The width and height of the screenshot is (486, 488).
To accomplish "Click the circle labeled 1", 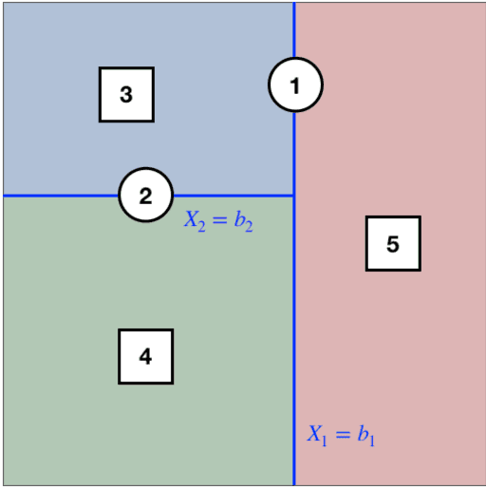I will (x=295, y=85).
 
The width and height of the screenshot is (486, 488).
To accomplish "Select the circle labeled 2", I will (x=145, y=196).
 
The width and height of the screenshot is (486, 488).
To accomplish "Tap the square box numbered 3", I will (x=126, y=94).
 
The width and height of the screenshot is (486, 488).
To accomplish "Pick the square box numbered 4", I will (x=145, y=356).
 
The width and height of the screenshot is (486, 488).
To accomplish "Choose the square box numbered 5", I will (x=393, y=243).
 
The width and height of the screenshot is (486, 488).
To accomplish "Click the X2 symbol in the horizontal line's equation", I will (x=194, y=221).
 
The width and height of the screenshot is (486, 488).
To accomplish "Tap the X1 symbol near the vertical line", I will (x=316, y=435).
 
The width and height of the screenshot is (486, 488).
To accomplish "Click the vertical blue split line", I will (x=294, y=304).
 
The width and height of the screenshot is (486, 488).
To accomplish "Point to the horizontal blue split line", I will (x=57, y=196).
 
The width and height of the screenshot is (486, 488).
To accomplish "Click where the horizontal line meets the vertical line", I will (x=294, y=196).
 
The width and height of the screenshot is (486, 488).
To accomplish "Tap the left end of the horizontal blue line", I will (x=4, y=196).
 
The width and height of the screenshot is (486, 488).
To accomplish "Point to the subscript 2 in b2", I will (x=249, y=226).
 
